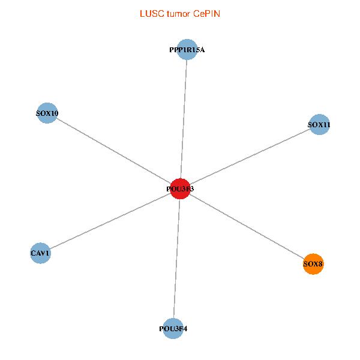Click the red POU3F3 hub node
pos(180,189)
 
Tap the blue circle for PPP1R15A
pos(187,50)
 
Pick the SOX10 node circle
pos(47,113)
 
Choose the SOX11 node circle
pos(319,125)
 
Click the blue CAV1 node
pos(40,253)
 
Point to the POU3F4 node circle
pos(173,328)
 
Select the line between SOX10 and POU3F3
pos(114,151)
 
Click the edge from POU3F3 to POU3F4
pos(176,258)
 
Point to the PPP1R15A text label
pos(187,50)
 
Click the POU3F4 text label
pos(173,329)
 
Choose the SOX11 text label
pos(319,125)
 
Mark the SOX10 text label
pos(47,113)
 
